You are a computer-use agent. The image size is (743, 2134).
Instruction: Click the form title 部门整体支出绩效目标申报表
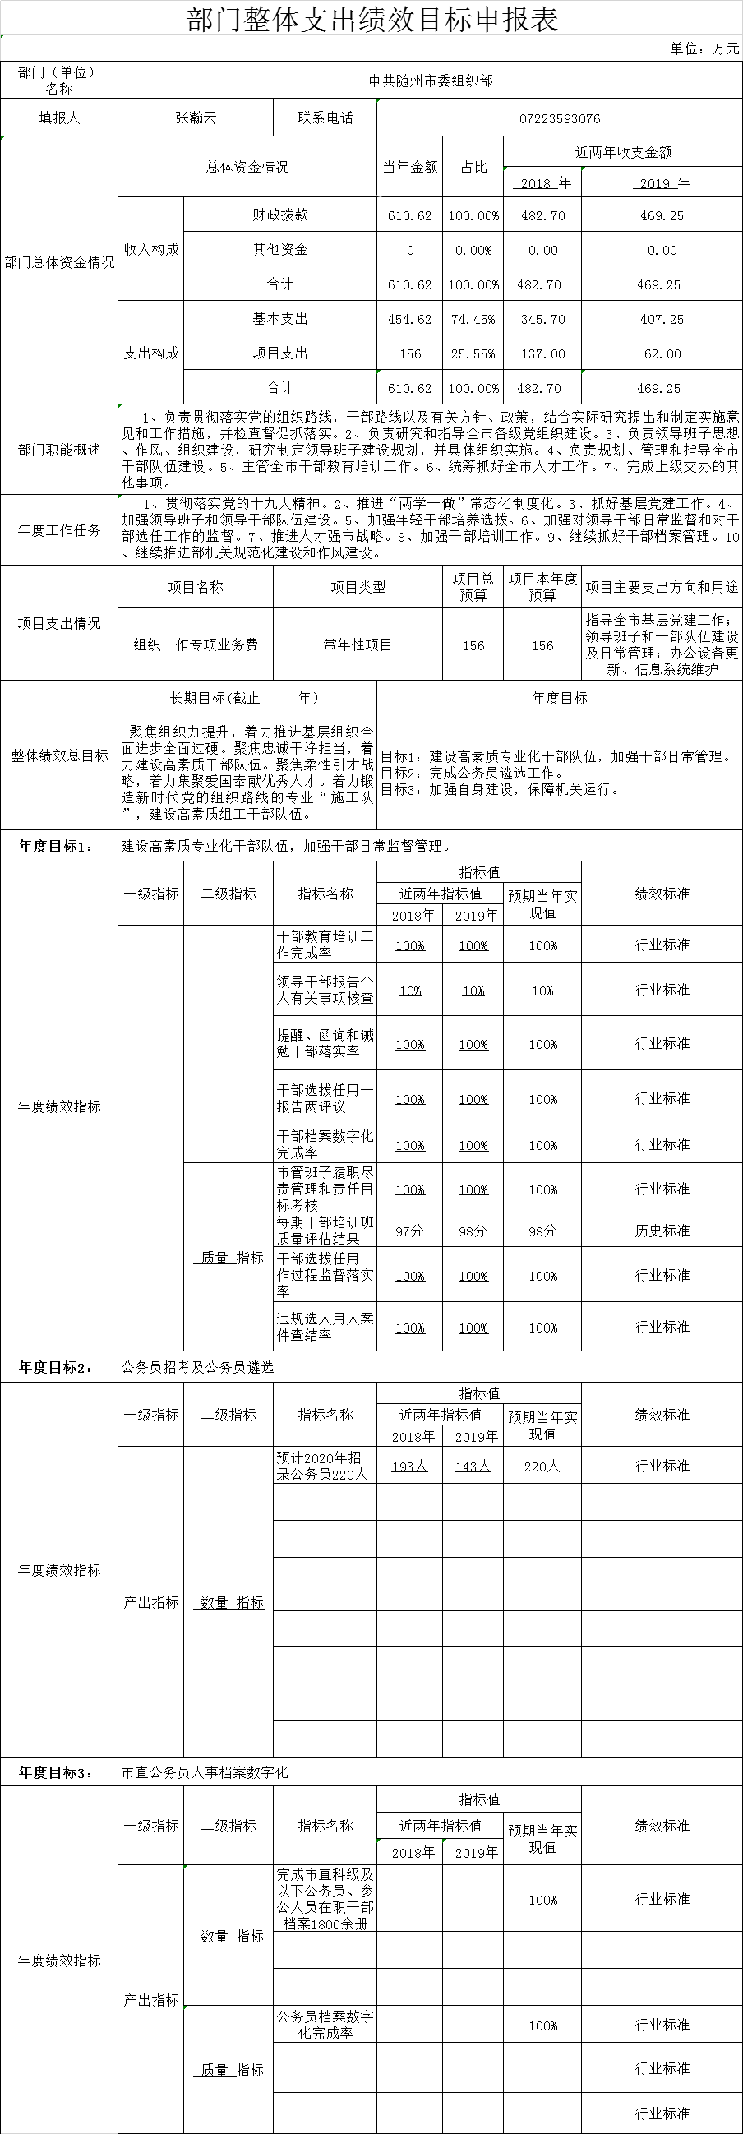[x=373, y=20]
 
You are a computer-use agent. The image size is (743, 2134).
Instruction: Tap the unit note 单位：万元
[x=704, y=48]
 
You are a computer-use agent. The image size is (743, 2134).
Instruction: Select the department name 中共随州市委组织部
[x=430, y=81]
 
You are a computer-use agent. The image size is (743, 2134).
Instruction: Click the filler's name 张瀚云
[x=196, y=118]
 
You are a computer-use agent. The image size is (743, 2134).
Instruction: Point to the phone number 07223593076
[x=559, y=118]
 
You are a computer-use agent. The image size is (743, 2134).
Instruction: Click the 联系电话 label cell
[x=325, y=118]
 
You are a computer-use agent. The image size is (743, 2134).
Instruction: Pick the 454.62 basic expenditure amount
[x=409, y=319]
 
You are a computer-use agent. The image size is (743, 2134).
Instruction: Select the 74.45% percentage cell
[x=473, y=319]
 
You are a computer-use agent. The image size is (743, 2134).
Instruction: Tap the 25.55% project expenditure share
[x=473, y=353]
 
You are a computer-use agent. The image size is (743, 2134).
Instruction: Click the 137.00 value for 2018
[x=542, y=353]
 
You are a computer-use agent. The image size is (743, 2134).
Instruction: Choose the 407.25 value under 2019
[x=662, y=319]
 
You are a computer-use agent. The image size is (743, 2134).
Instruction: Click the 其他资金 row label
[x=280, y=249]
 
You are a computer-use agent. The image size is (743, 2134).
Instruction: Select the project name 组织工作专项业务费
[x=196, y=644]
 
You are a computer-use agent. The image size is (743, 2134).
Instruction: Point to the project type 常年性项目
[x=358, y=644]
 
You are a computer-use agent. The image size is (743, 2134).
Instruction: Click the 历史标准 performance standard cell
[x=662, y=1231]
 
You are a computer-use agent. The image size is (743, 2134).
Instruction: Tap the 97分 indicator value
[x=409, y=1231]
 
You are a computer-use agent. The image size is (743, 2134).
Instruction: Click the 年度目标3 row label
[x=57, y=1772]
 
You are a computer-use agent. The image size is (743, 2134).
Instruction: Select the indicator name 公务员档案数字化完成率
[x=325, y=2024]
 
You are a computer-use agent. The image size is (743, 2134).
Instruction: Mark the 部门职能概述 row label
[x=59, y=449]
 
